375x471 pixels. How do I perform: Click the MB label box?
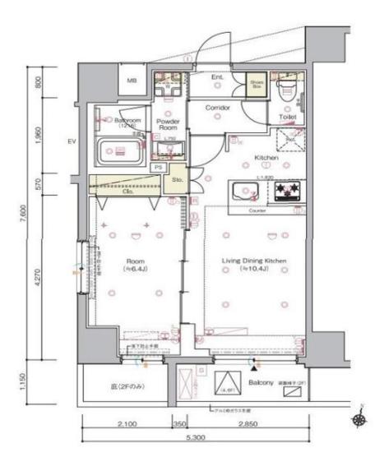[131, 82]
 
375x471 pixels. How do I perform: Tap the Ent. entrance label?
[217, 78]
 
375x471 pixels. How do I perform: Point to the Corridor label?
[217, 108]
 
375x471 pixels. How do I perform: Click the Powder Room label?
[169, 125]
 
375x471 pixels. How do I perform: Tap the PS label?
[157, 167]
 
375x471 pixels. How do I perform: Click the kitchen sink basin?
[244, 192]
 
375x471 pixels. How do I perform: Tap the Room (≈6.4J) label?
[135, 264]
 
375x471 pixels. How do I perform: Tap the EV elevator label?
[72, 141]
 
